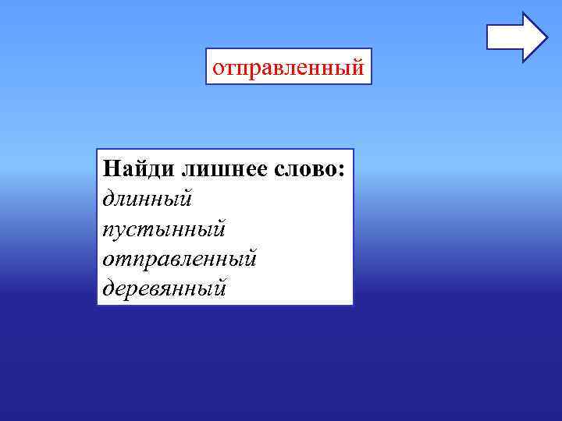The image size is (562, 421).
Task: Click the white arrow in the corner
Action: [x=517, y=37]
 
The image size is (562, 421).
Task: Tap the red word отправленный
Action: [x=288, y=67]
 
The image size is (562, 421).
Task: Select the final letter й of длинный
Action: [x=186, y=198]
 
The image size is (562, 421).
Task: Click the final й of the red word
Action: [x=358, y=67]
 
